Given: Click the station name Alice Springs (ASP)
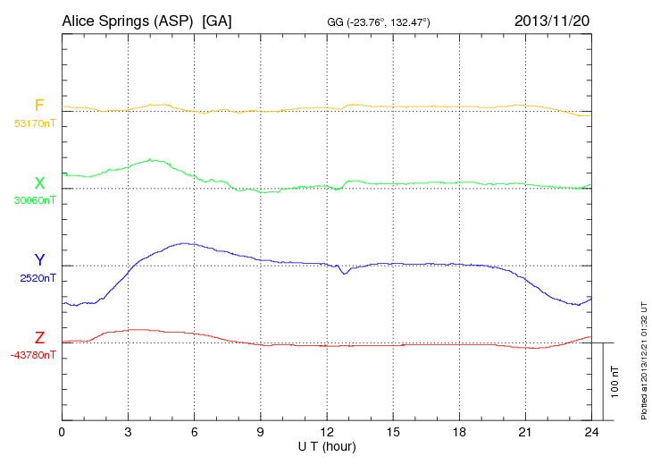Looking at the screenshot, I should point(128,20).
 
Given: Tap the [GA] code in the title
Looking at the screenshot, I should point(217,20).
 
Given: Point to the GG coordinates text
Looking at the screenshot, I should point(380,21).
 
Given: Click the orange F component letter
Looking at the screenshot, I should point(39,106).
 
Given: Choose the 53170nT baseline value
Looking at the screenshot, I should point(34,123).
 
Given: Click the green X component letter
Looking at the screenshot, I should point(39,183).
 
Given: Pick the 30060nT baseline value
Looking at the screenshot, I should point(34,200).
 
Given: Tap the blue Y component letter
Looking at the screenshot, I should point(39,260).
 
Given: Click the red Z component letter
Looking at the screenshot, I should point(39,338).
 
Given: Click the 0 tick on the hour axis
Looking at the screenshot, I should point(62,432).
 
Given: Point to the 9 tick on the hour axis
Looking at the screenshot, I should point(261,432).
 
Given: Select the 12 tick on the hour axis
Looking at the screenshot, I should point(327,432).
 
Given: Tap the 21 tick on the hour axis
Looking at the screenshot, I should point(525,432).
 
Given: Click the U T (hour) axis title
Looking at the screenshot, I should point(327,445).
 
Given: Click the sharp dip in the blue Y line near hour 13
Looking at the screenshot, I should point(345,272).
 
